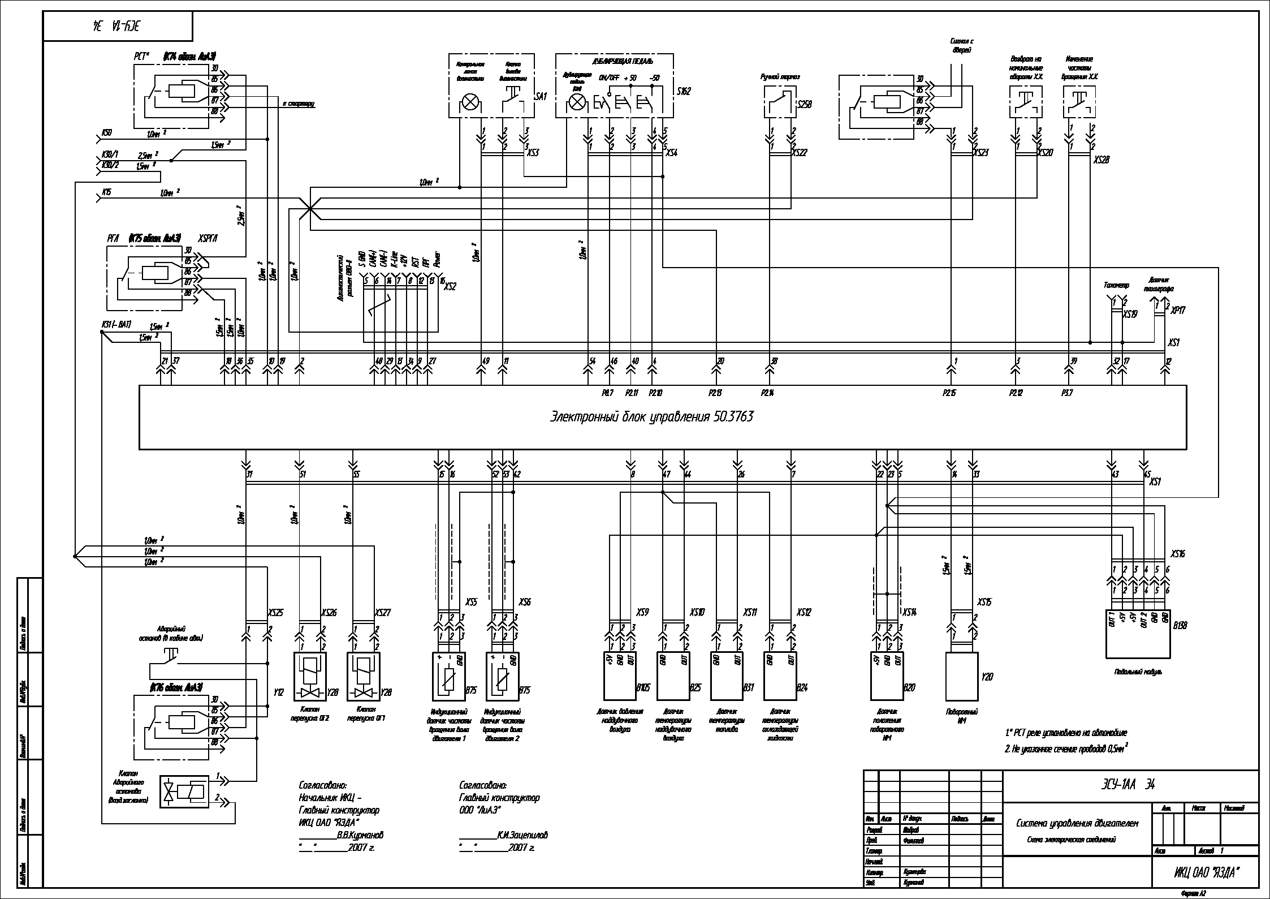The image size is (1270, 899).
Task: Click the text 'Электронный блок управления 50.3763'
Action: pyautogui.click(x=651, y=417)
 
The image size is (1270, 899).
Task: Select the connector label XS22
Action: pyautogui.click(x=800, y=152)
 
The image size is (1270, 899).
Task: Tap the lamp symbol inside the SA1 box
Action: pyautogui.click(x=469, y=102)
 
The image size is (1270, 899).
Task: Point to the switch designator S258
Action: pyautogui.click(x=804, y=104)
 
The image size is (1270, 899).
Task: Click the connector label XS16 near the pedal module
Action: pyautogui.click(x=1177, y=554)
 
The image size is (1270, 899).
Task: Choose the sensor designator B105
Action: pyautogui.click(x=643, y=687)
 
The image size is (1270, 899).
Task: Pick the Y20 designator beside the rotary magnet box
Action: pyautogui.click(x=987, y=676)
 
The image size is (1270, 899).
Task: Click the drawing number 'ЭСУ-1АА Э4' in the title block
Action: pyautogui.click(x=1119, y=784)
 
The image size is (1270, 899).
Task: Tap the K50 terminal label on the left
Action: pyautogui.click(x=106, y=132)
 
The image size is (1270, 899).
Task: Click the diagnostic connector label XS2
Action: pyautogui.click(x=450, y=286)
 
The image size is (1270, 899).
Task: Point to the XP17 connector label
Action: pyautogui.click(x=1178, y=310)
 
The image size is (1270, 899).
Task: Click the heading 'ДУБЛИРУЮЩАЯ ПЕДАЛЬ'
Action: pyautogui.click(x=615, y=61)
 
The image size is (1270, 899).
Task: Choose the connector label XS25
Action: pyautogui.click(x=275, y=612)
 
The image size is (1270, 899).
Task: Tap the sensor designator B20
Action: pyautogui.click(x=909, y=687)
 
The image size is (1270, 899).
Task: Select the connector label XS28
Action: pyautogui.click(x=1101, y=160)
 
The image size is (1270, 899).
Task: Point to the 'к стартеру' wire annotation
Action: pyautogui.click(x=298, y=104)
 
